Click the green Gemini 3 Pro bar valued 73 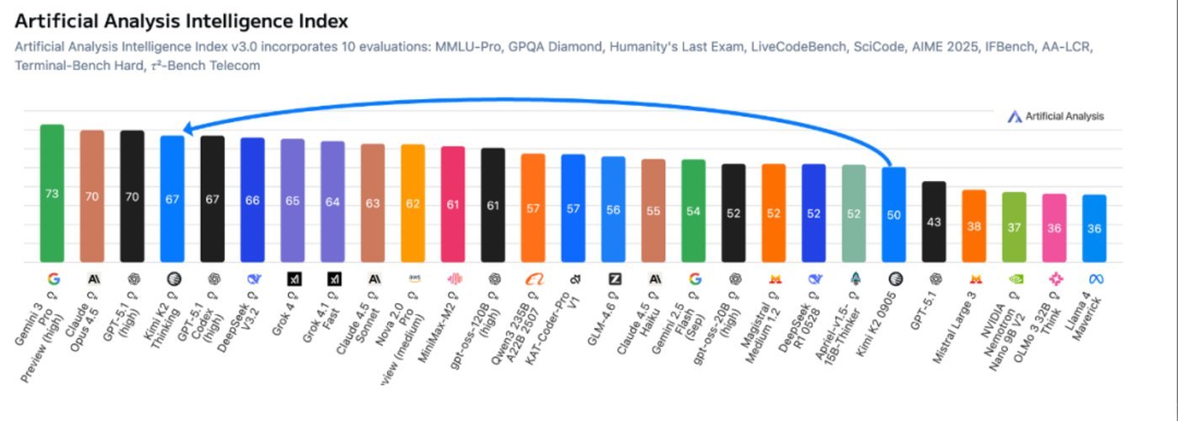[52, 194]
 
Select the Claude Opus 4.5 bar [92, 196]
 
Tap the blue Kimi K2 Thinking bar [173, 199]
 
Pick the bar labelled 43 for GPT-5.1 [934, 221]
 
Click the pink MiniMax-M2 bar [453, 204]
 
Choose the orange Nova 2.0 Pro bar [413, 203]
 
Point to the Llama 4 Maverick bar [1095, 228]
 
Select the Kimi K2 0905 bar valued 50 [893, 215]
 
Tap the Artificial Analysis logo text [1063, 117]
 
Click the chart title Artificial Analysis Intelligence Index [181, 21]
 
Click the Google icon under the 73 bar [52, 279]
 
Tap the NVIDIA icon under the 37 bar [1015, 279]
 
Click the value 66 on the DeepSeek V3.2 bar [253, 201]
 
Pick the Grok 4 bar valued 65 [292, 200]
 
